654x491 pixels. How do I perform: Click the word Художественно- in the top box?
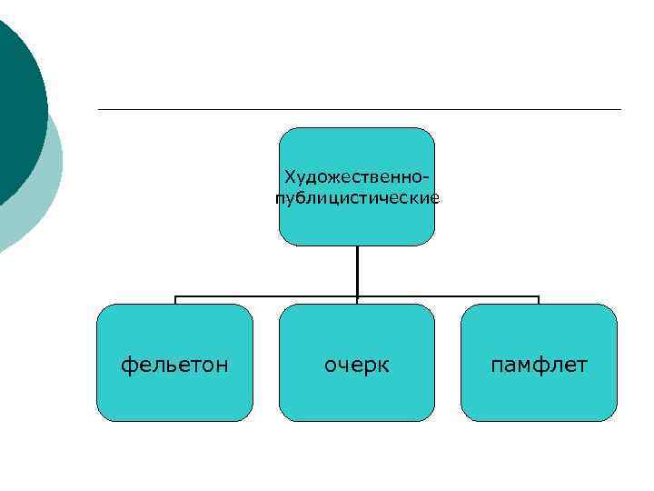(x=356, y=175)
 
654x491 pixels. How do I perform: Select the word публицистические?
(x=357, y=197)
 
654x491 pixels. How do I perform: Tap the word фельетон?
(x=174, y=365)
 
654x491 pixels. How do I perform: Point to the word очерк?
(x=357, y=365)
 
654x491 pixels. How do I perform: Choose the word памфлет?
(x=539, y=365)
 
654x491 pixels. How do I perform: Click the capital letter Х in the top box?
(x=290, y=175)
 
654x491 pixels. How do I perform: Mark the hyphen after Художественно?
(x=426, y=175)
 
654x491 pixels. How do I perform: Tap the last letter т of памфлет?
(x=582, y=366)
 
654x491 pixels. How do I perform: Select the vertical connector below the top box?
(x=357, y=270)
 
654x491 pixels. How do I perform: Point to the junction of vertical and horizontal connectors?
(x=357, y=296)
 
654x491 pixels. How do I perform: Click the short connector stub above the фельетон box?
(x=175, y=300)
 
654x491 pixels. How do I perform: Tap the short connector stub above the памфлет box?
(x=539, y=300)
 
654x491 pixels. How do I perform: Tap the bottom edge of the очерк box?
(x=357, y=421)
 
